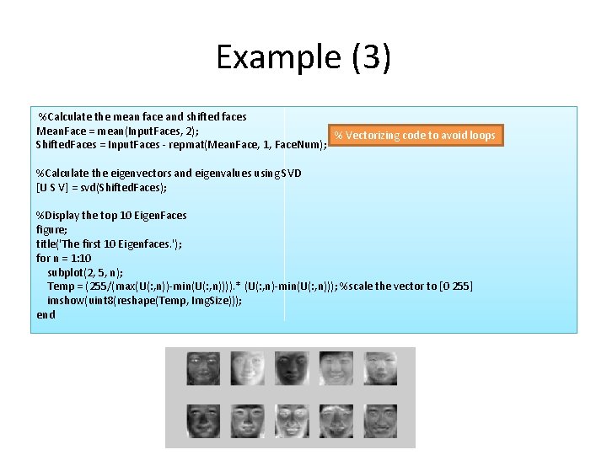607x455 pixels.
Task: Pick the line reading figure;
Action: [x=51, y=229]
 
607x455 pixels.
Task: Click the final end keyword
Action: [x=46, y=315]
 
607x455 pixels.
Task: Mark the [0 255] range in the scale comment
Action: [x=455, y=286]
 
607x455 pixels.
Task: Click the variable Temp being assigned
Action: [x=62, y=286]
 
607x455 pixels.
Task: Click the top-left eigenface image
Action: [x=202, y=369]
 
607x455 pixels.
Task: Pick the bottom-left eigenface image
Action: [x=202, y=419]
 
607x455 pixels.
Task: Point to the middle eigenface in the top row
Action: [x=290, y=369]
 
